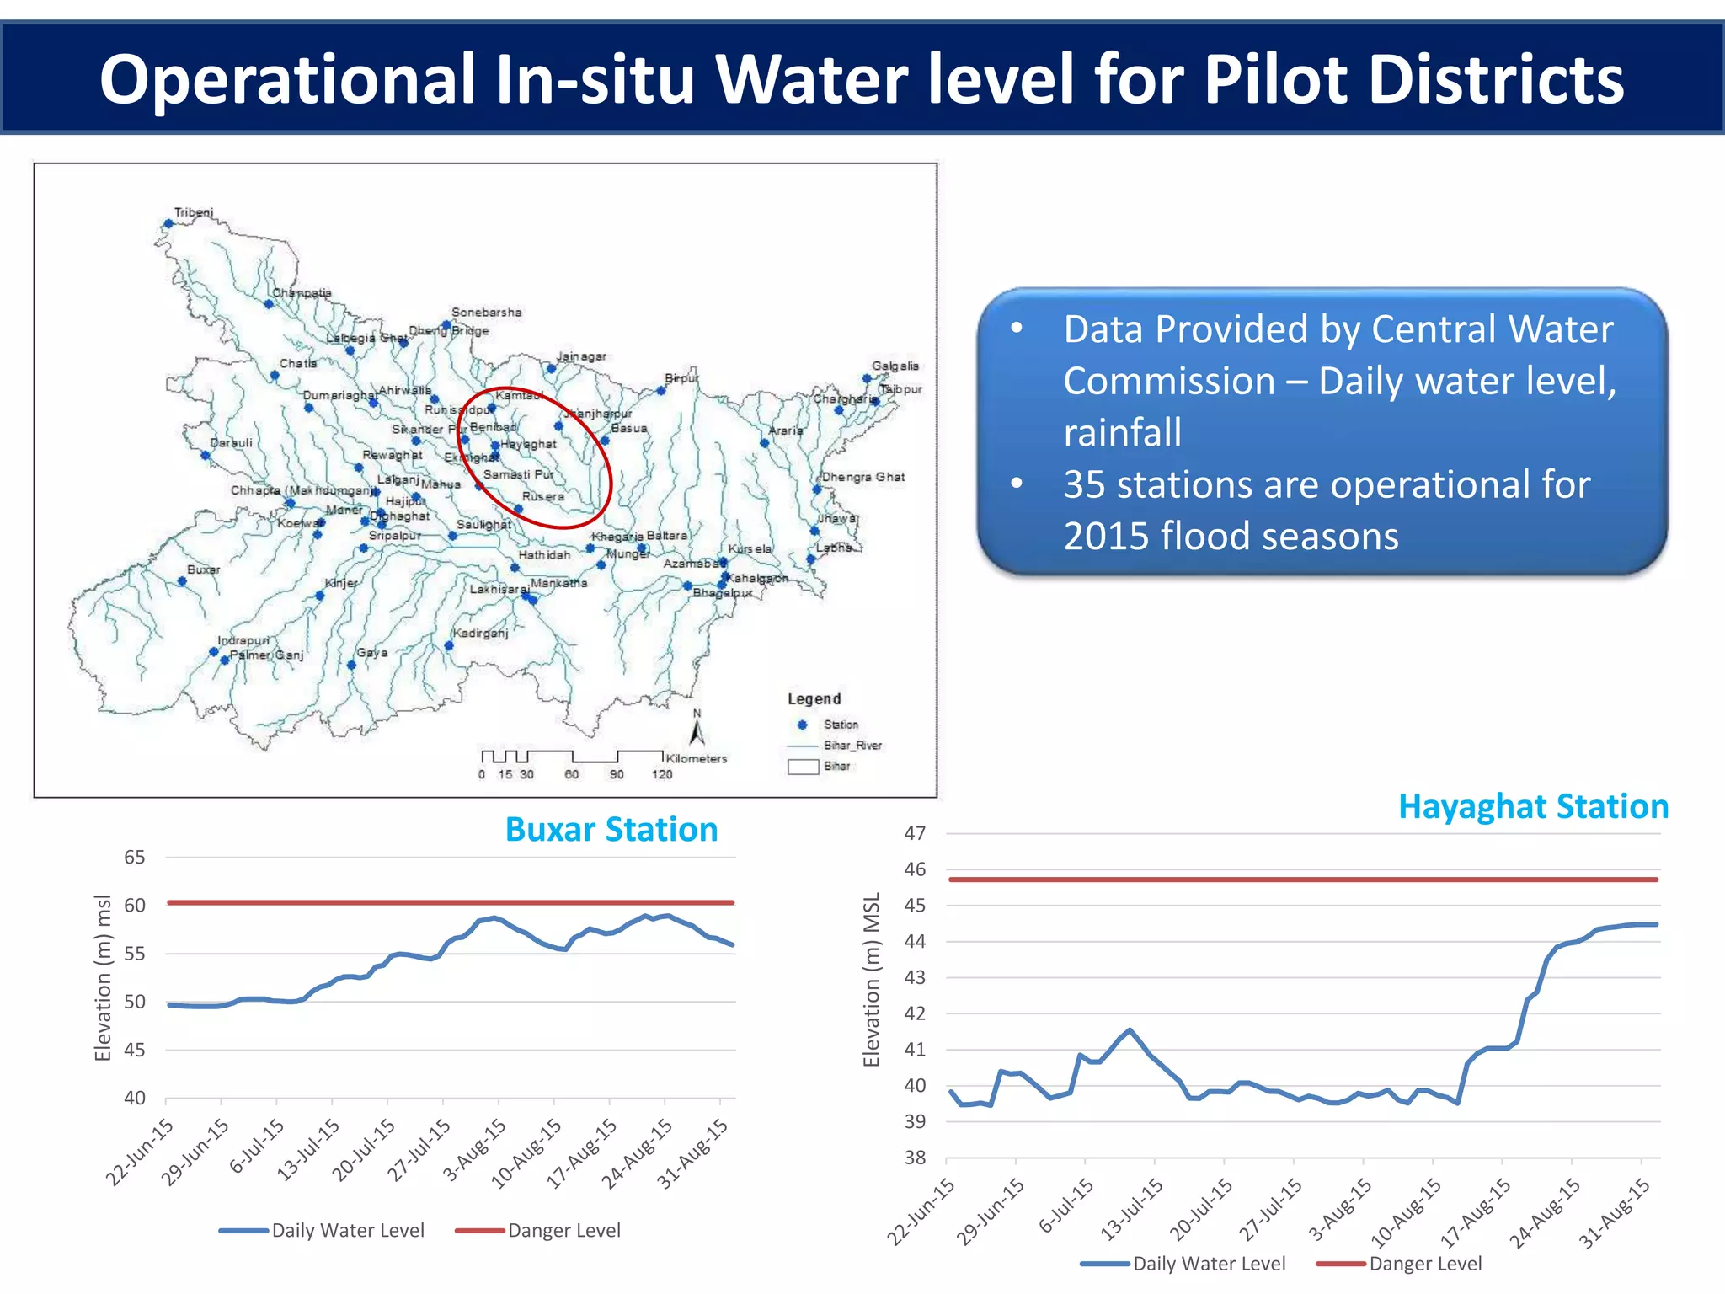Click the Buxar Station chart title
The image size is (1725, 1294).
(611, 830)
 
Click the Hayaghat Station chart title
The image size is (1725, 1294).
(1533, 807)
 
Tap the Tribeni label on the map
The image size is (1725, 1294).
(194, 212)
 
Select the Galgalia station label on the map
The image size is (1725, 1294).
(895, 366)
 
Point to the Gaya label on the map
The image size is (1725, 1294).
(372, 652)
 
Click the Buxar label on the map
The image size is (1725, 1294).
(203, 569)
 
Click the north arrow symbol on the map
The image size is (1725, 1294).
(697, 730)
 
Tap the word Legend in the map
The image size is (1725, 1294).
(814, 699)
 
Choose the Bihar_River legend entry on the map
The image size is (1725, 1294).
(852, 746)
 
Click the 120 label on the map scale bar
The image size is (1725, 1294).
(662, 774)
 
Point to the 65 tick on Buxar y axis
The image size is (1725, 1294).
(135, 858)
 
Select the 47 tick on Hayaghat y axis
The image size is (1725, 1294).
(915, 833)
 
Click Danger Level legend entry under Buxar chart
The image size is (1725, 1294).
(563, 1230)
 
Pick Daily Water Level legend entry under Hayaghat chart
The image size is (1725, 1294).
(1208, 1264)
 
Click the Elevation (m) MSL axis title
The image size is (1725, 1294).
(872, 980)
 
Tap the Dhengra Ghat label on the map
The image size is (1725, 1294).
(863, 477)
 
